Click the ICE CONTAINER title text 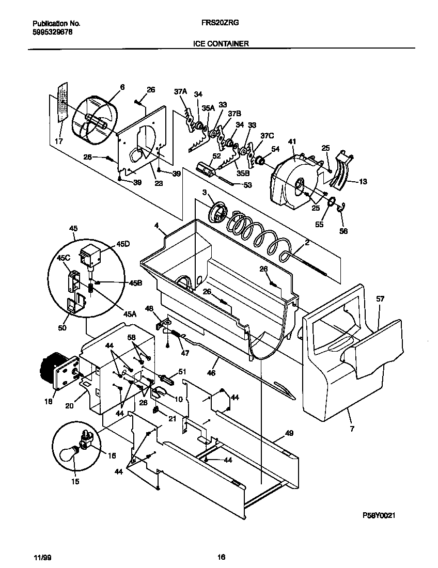click(x=221, y=44)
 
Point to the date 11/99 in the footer click(x=41, y=557)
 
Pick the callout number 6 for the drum click(x=122, y=88)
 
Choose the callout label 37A click(x=180, y=91)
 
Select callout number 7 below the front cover click(x=352, y=428)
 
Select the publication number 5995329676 click(x=52, y=31)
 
